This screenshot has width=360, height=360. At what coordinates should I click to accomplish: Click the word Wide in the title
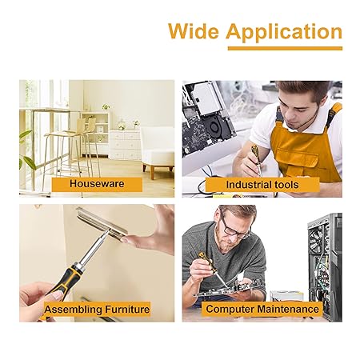pyautogui.click(x=194, y=31)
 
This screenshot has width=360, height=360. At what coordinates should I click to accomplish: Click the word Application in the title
pyautogui.click(x=284, y=33)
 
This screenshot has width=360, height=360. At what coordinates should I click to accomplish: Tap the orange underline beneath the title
pyautogui.click(x=285, y=48)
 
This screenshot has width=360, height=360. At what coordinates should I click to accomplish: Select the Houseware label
pyautogui.click(x=97, y=184)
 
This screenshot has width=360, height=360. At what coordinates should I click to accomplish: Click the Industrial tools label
pyautogui.click(x=262, y=185)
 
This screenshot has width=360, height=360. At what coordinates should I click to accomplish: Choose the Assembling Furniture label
pyautogui.click(x=97, y=310)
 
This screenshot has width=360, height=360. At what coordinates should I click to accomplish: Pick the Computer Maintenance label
pyautogui.click(x=262, y=309)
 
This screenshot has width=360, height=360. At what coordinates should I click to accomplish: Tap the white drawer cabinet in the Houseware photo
pyautogui.click(x=125, y=145)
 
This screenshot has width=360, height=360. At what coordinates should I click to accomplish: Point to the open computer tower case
pyautogui.click(x=325, y=266)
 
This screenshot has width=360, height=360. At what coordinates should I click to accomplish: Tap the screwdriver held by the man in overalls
pyautogui.click(x=257, y=159)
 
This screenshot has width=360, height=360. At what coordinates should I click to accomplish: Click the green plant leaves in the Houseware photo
pyautogui.click(x=26, y=150)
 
